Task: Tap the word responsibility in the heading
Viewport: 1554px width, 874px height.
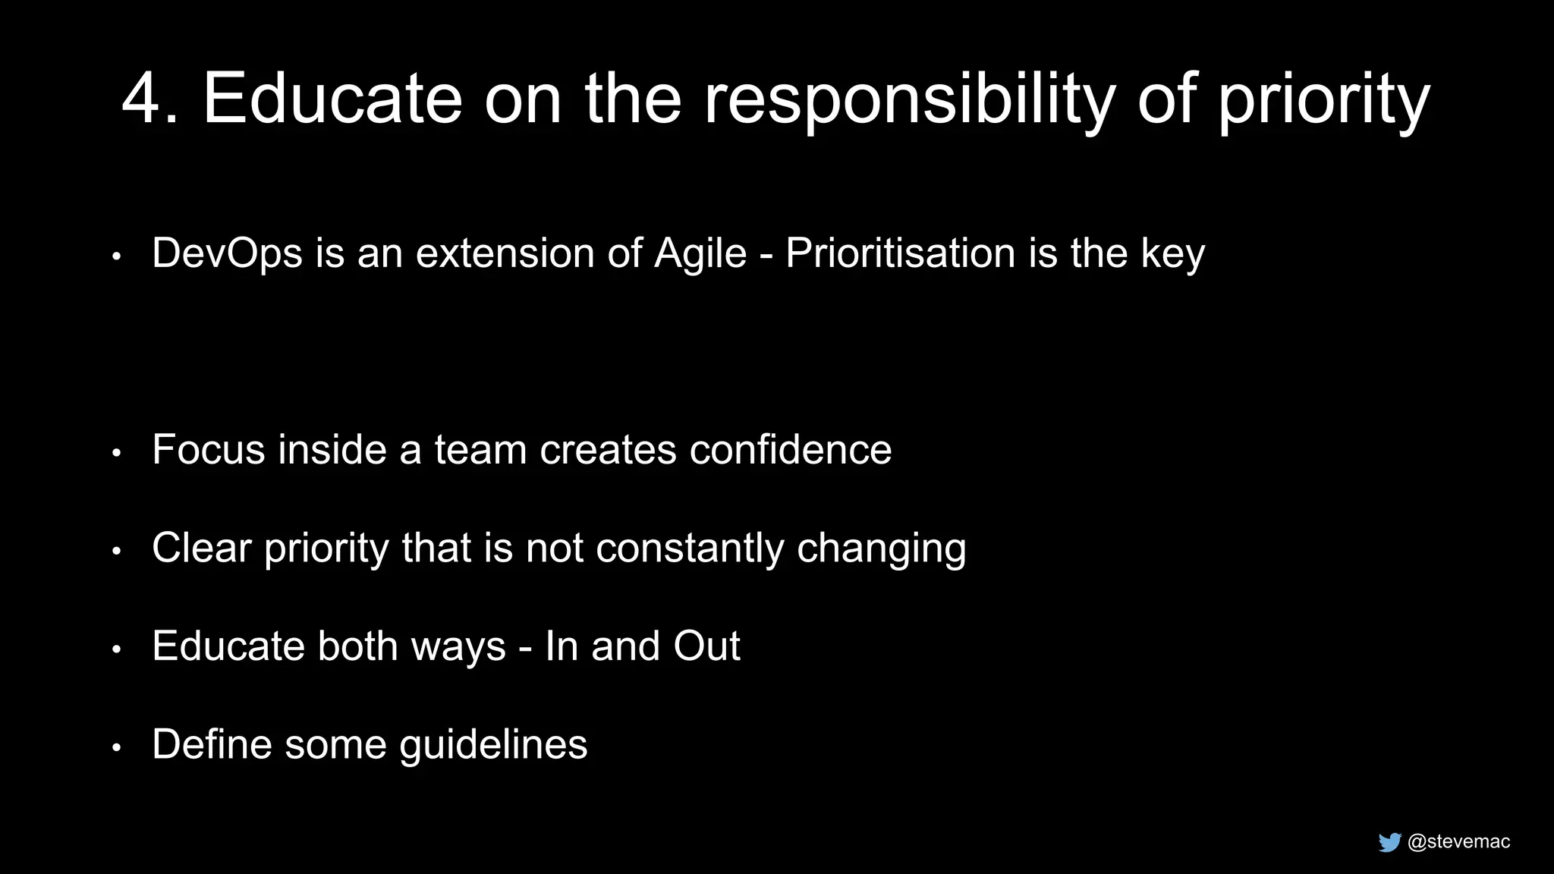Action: click(x=910, y=100)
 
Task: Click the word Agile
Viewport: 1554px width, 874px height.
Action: click(x=700, y=253)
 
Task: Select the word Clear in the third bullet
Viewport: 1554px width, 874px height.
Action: click(x=201, y=548)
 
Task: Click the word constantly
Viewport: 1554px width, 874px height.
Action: click(x=690, y=549)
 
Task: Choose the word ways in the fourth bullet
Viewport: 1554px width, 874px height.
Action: click(x=458, y=647)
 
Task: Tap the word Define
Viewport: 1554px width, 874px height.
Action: click(x=212, y=744)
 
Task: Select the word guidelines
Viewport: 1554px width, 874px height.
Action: click(x=493, y=745)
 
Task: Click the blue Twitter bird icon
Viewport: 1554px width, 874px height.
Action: click(x=1389, y=842)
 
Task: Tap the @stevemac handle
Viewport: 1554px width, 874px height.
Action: click(x=1458, y=841)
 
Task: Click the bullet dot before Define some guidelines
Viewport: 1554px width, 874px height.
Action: click(x=116, y=748)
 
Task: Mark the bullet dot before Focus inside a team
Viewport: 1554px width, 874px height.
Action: click(x=116, y=454)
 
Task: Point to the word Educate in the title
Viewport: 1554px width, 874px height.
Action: click(x=332, y=99)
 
